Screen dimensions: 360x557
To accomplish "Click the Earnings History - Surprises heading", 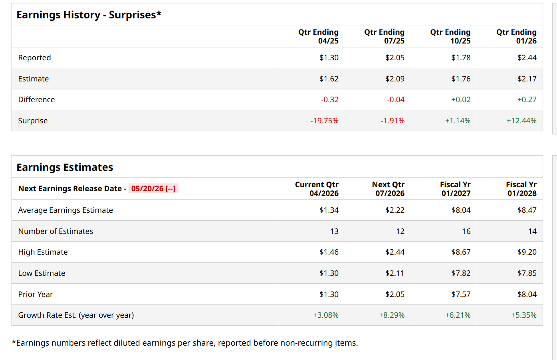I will click(x=89, y=15).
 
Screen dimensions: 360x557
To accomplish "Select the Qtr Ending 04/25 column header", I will click(x=318, y=36).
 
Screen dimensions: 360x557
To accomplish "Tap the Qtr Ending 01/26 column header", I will click(x=516, y=36).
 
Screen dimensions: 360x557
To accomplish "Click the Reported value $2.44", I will click(x=527, y=58).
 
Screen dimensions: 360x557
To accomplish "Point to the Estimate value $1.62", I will click(x=329, y=79).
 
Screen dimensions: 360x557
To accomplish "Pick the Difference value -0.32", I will click(x=329, y=100).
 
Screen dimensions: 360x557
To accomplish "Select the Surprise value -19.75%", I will click(x=324, y=121).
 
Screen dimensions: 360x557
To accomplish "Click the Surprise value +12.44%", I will click(x=521, y=121).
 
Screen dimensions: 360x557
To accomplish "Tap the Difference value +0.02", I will click(x=461, y=100).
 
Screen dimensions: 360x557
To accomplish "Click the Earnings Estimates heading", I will click(x=65, y=167).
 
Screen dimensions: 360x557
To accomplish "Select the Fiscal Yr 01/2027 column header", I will click(x=455, y=189).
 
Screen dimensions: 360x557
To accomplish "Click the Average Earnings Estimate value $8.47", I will click(x=527, y=210).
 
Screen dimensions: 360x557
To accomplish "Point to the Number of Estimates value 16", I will click(x=466, y=231).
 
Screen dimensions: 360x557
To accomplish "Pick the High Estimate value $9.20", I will click(x=527, y=252).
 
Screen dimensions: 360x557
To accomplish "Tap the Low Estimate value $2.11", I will click(x=394, y=273).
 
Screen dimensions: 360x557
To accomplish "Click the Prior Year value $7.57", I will click(x=461, y=295).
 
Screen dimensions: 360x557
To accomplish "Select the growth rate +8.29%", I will click(x=392, y=315).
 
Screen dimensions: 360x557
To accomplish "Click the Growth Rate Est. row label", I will click(x=76, y=315).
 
